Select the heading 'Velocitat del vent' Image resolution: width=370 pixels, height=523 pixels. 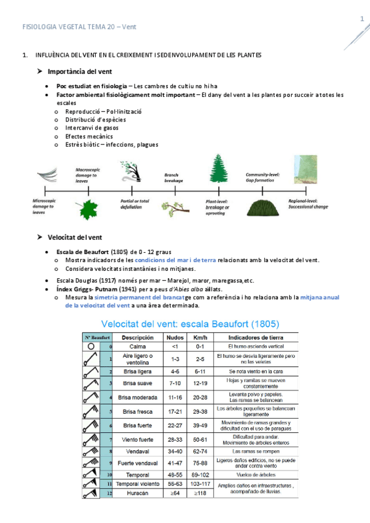pyautogui.click(x=75, y=237)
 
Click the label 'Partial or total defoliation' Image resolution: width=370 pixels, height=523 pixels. pyautogui.click(x=135, y=204)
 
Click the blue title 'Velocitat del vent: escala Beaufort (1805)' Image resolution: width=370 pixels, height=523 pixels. pyautogui.click(x=190, y=323)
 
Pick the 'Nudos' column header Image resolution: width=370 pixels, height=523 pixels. pyautogui.click(x=174, y=338)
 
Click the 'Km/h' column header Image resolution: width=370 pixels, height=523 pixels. pyautogui.click(x=200, y=338)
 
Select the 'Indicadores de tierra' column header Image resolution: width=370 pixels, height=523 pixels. pyautogui.click(x=256, y=338)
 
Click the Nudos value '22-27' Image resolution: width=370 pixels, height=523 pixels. pyautogui.click(x=174, y=426)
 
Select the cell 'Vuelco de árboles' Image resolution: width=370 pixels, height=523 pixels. pyautogui.click(x=256, y=475)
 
